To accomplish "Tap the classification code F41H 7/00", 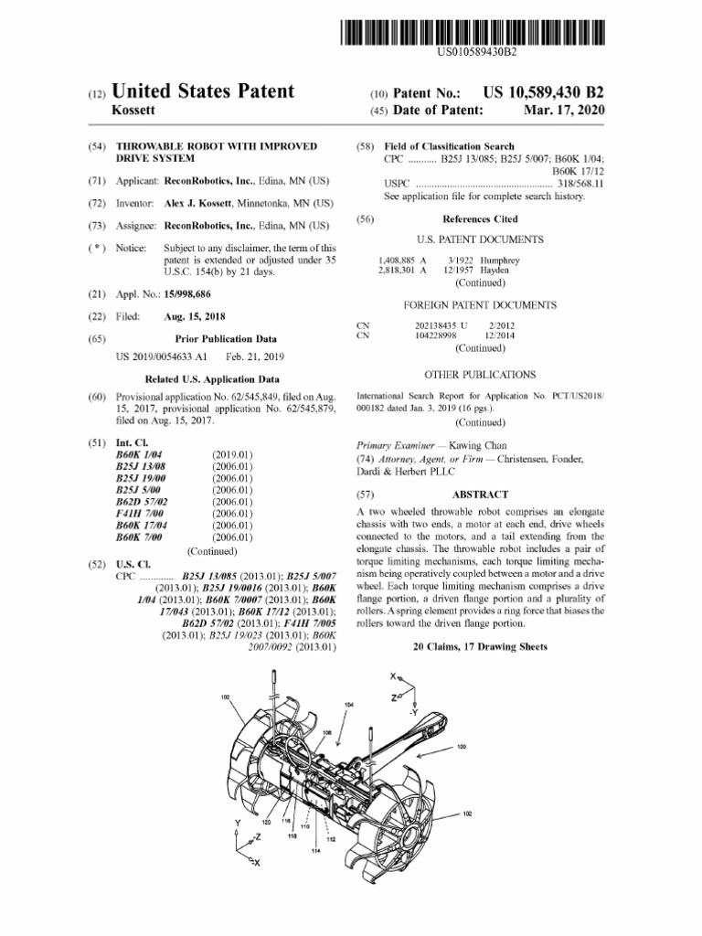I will pyautogui.click(x=136, y=515).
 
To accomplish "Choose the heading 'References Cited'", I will pyautogui.click(x=480, y=219).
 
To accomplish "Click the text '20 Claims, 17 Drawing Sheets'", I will pyautogui.click(x=480, y=646).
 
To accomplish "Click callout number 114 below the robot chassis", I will pyautogui.click(x=315, y=852).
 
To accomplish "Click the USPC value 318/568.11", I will pyautogui.click(x=584, y=184).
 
